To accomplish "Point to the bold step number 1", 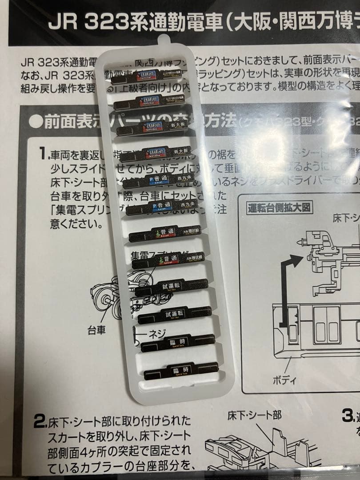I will click(x=42, y=154).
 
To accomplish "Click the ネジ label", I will click(x=156, y=335).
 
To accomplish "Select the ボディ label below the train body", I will click(x=284, y=380).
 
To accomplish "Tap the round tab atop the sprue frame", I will click(x=164, y=42).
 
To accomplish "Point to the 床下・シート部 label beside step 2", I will click(x=254, y=416).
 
